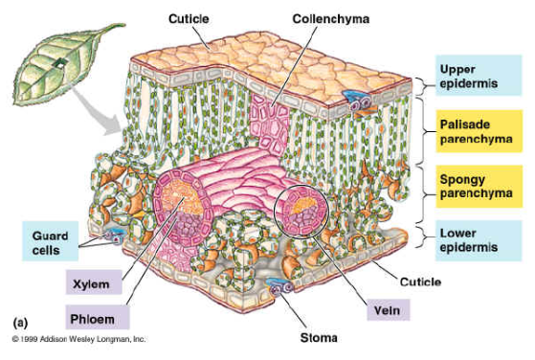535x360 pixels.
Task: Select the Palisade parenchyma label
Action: click(x=474, y=131)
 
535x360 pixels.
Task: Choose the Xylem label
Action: click(x=92, y=282)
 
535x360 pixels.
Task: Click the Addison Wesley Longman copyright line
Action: click(x=78, y=339)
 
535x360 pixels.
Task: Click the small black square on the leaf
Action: click(x=62, y=64)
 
